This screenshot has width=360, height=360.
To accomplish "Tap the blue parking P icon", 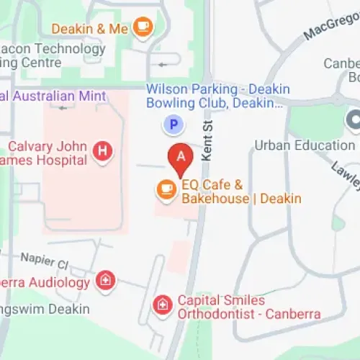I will point(172,125).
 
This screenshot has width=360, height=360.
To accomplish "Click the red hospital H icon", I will point(104,150).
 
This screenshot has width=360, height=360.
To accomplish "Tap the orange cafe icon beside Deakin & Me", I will point(144,28).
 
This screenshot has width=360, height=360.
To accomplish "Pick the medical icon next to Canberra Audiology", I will point(106,282).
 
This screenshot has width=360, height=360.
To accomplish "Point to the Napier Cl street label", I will point(45,257).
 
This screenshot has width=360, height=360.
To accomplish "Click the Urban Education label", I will point(305,145).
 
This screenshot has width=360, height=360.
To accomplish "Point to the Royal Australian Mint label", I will point(53,96).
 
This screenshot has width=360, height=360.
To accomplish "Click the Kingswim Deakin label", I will point(45,309).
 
